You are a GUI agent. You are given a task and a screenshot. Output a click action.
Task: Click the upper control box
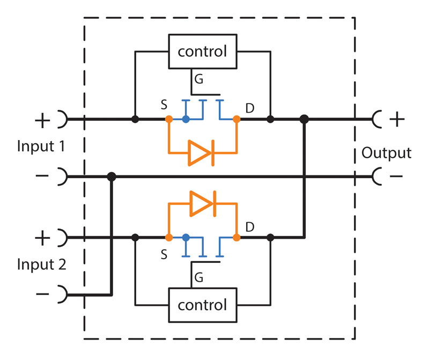[x=202, y=52]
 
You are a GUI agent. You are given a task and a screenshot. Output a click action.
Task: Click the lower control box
[x=202, y=305]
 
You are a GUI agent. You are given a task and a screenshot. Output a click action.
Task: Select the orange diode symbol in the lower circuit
[x=202, y=203]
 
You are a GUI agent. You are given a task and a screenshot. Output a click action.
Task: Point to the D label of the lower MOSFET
[x=249, y=227]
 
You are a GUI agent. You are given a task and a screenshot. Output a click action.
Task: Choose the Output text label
[x=386, y=153]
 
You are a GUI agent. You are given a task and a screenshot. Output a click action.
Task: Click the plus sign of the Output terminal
[x=397, y=119]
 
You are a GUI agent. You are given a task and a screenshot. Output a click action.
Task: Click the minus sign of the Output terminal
[x=397, y=177]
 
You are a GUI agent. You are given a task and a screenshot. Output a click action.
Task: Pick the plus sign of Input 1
[x=42, y=119]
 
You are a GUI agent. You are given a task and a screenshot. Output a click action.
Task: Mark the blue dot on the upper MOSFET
[x=186, y=119]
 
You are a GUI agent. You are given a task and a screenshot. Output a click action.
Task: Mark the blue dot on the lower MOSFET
[x=186, y=237]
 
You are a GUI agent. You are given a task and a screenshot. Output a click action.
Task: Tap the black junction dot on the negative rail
[x=112, y=176]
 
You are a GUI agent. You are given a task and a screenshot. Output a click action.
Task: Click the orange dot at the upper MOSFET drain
[x=236, y=119]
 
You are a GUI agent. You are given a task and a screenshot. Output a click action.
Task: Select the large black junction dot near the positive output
[x=305, y=119]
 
